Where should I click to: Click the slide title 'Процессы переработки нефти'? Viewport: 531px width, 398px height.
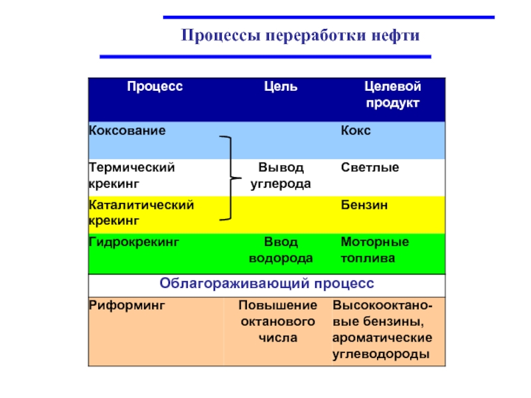click(x=301, y=35)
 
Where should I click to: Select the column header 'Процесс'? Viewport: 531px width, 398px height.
click(x=155, y=86)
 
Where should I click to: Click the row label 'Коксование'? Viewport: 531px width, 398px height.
click(x=127, y=131)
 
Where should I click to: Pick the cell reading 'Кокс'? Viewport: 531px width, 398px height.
click(x=356, y=131)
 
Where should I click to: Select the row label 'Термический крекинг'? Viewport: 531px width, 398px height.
click(x=132, y=174)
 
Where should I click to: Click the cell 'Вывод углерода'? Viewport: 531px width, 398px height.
click(x=280, y=175)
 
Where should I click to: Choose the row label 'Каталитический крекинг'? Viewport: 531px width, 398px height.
click(x=141, y=212)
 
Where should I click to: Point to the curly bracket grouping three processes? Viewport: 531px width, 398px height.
click(x=229, y=178)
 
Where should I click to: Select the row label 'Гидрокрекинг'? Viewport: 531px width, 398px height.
click(x=135, y=242)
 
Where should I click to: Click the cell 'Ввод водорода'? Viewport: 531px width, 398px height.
click(x=280, y=250)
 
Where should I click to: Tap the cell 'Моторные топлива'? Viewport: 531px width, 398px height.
click(x=374, y=250)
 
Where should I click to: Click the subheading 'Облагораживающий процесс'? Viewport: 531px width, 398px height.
click(x=267, y=283)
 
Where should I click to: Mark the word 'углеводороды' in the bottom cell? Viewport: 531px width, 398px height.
click(x=380, y=354)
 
